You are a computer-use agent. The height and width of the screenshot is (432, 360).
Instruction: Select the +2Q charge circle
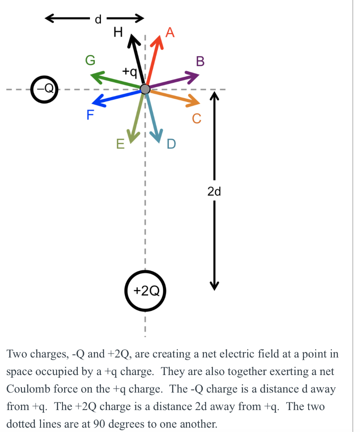click(x=146, y=291)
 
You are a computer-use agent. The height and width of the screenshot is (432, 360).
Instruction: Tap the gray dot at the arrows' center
click(x=145, y=89)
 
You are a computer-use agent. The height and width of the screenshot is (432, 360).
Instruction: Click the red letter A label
click(x=170, y=32)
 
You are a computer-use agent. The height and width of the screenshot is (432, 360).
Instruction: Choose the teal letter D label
click(x=171, y=144)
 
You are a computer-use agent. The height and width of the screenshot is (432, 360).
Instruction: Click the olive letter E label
click(x=120, y=145)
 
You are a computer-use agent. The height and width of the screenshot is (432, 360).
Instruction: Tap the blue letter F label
click(x=90, y=115)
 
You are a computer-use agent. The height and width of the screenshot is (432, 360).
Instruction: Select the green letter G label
click(x=90, y=61)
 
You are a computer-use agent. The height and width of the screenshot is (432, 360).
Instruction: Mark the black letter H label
click(x=119, y=32)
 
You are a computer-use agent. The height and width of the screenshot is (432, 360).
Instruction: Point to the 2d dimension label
click(x=214, y=192)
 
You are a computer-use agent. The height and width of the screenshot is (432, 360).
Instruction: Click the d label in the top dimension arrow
click(x=98, y=19)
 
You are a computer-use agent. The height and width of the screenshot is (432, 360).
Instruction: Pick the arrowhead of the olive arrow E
click(x=133, y=137)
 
